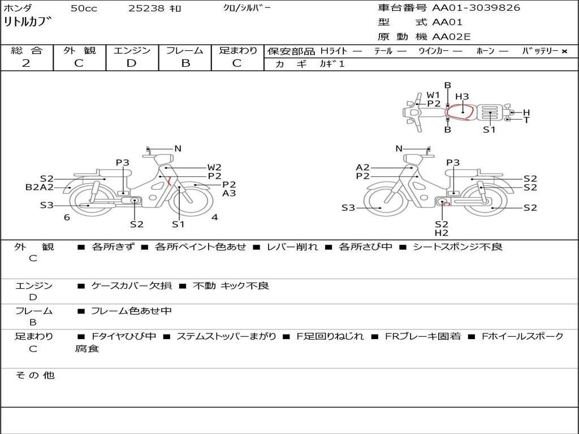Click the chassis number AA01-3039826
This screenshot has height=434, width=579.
pos(476,8)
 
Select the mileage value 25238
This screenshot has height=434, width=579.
pos(146,8)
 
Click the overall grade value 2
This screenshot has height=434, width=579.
pos(26,63)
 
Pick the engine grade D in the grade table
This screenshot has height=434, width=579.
pos(131,63)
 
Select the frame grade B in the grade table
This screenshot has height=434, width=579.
pos(185,63)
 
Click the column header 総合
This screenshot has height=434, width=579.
pos(27,50)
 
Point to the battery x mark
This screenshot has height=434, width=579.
pos(564,51)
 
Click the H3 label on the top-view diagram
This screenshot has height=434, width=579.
pos(462,97)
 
